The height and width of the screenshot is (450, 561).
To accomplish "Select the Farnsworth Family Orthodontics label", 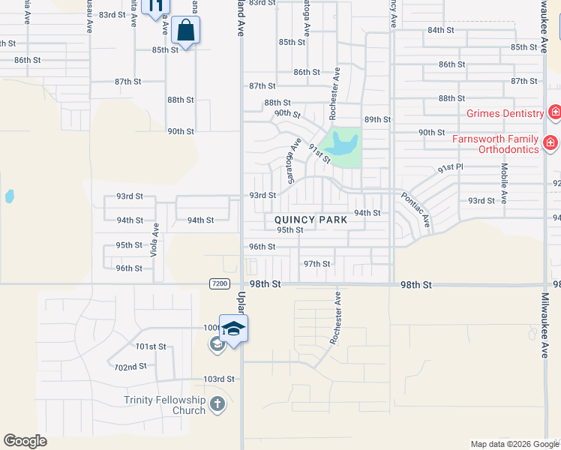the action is [494, 144].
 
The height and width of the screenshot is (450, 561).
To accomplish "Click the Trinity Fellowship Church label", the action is [165, 405].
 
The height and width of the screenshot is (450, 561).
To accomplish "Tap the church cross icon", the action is [217, 405].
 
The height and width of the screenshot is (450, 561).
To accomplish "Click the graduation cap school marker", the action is [233, 329].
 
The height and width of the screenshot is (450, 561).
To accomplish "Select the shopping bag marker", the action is [185, 31].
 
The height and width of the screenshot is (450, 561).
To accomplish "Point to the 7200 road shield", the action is [219, 283].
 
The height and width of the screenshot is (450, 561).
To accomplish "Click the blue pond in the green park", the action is [341, 143].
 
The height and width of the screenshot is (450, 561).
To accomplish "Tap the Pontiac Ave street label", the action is [415, 209].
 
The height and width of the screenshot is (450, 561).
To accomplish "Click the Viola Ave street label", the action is [155, 241].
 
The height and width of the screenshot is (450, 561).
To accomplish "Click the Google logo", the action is [25, 440].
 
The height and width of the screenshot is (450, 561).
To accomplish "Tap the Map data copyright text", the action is [514, 444].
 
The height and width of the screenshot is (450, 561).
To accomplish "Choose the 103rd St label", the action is [218, 379].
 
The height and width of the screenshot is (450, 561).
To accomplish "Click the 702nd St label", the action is [130, 367].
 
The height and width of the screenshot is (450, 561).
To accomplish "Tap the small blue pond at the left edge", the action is [9, 196].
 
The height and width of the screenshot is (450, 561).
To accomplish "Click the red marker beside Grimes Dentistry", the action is [554, 113].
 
